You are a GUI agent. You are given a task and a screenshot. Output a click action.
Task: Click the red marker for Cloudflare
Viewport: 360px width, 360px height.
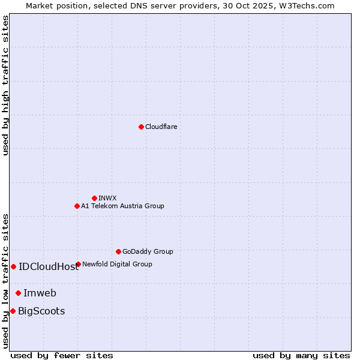click(141, 127)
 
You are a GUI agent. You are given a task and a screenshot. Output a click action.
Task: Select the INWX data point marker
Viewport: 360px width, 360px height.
click(94, 198)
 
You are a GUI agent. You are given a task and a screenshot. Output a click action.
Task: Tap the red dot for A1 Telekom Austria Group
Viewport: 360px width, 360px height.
click(77, 206)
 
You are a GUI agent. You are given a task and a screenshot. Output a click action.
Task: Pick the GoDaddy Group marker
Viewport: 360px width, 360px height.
click(118, 251)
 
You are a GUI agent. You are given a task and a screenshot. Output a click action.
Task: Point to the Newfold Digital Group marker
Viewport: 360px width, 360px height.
click(78, 264)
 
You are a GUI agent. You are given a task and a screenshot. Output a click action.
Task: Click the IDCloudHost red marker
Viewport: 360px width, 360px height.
click(13, 266)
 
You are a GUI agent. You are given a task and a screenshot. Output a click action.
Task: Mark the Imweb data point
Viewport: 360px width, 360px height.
click(18, 293)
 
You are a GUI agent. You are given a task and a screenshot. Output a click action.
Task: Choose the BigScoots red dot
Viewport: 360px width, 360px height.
click(13, 311)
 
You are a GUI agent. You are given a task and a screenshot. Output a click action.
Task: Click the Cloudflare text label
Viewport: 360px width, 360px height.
click(161, 127)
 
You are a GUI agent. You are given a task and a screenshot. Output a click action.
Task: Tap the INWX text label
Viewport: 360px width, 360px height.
click(107, 198)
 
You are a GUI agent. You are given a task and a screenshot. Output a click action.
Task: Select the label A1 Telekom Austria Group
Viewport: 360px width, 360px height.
click(122, 206)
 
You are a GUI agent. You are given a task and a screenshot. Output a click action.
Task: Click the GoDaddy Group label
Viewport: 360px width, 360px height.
click(148, 251)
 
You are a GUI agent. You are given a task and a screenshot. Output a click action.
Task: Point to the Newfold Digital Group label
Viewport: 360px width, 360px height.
click(117, 264)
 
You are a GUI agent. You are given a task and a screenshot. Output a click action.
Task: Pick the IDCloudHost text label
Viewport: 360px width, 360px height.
click(49, 267)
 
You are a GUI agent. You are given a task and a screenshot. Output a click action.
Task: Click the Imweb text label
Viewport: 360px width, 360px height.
click(40, 293)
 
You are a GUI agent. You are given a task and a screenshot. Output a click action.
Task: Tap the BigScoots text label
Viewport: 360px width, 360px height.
click(41, 311)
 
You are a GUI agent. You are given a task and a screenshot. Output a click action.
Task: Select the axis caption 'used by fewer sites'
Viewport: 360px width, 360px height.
click(62, 355)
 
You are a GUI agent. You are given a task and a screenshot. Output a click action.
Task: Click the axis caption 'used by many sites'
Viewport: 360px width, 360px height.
click(301, 355)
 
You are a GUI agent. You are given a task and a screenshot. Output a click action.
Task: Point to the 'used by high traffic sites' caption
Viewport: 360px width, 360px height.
click(6, 85)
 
